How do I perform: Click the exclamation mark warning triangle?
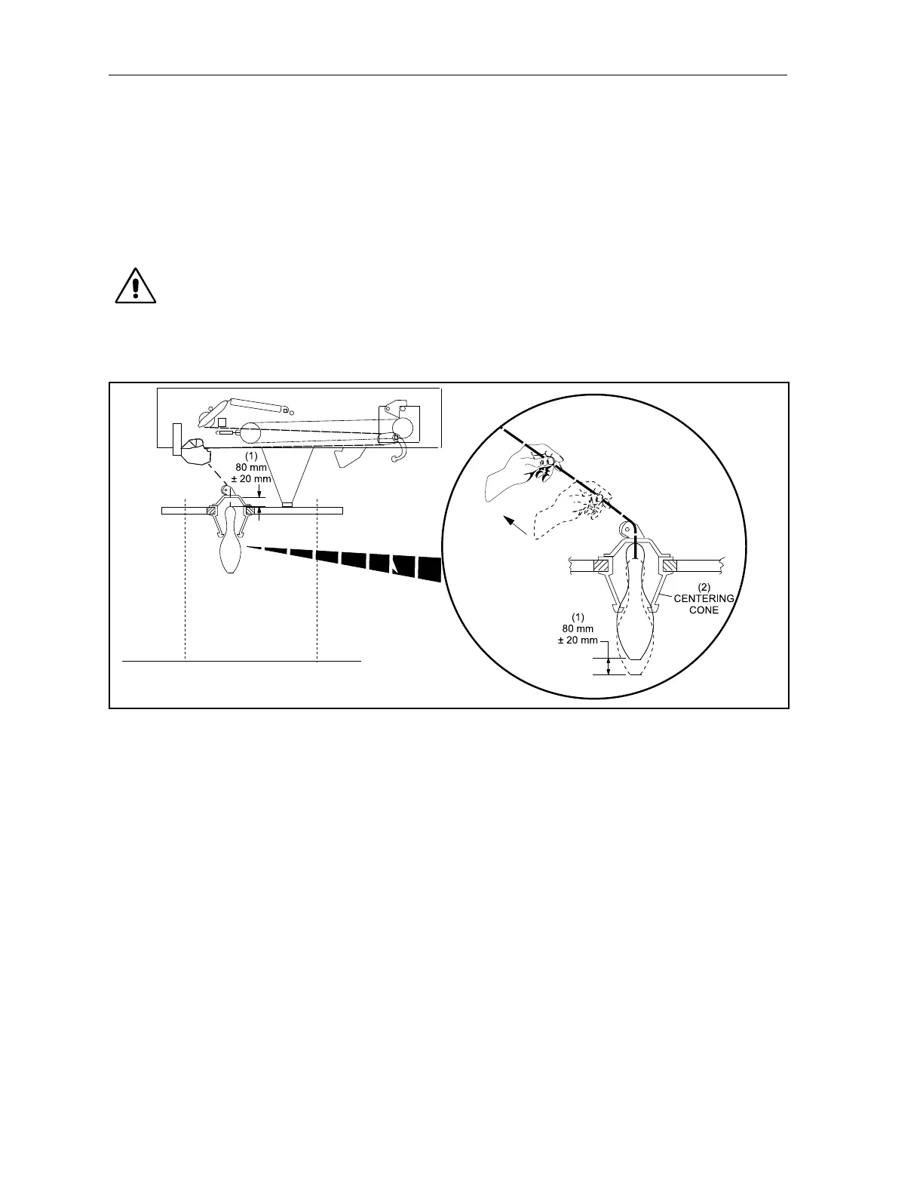136,285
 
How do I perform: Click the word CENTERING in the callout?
704,599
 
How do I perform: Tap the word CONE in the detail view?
704,610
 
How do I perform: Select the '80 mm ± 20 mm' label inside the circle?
578,628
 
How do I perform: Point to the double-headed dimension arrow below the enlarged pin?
609,665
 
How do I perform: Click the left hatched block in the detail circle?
602,564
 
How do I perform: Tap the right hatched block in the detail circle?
667,564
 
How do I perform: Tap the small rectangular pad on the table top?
287,505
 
